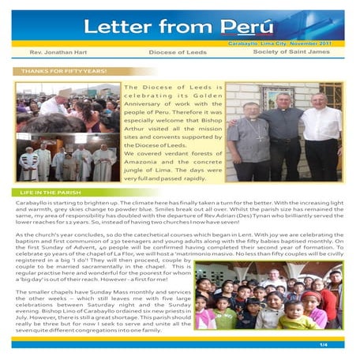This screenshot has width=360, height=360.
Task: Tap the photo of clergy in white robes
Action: coord(67,160)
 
